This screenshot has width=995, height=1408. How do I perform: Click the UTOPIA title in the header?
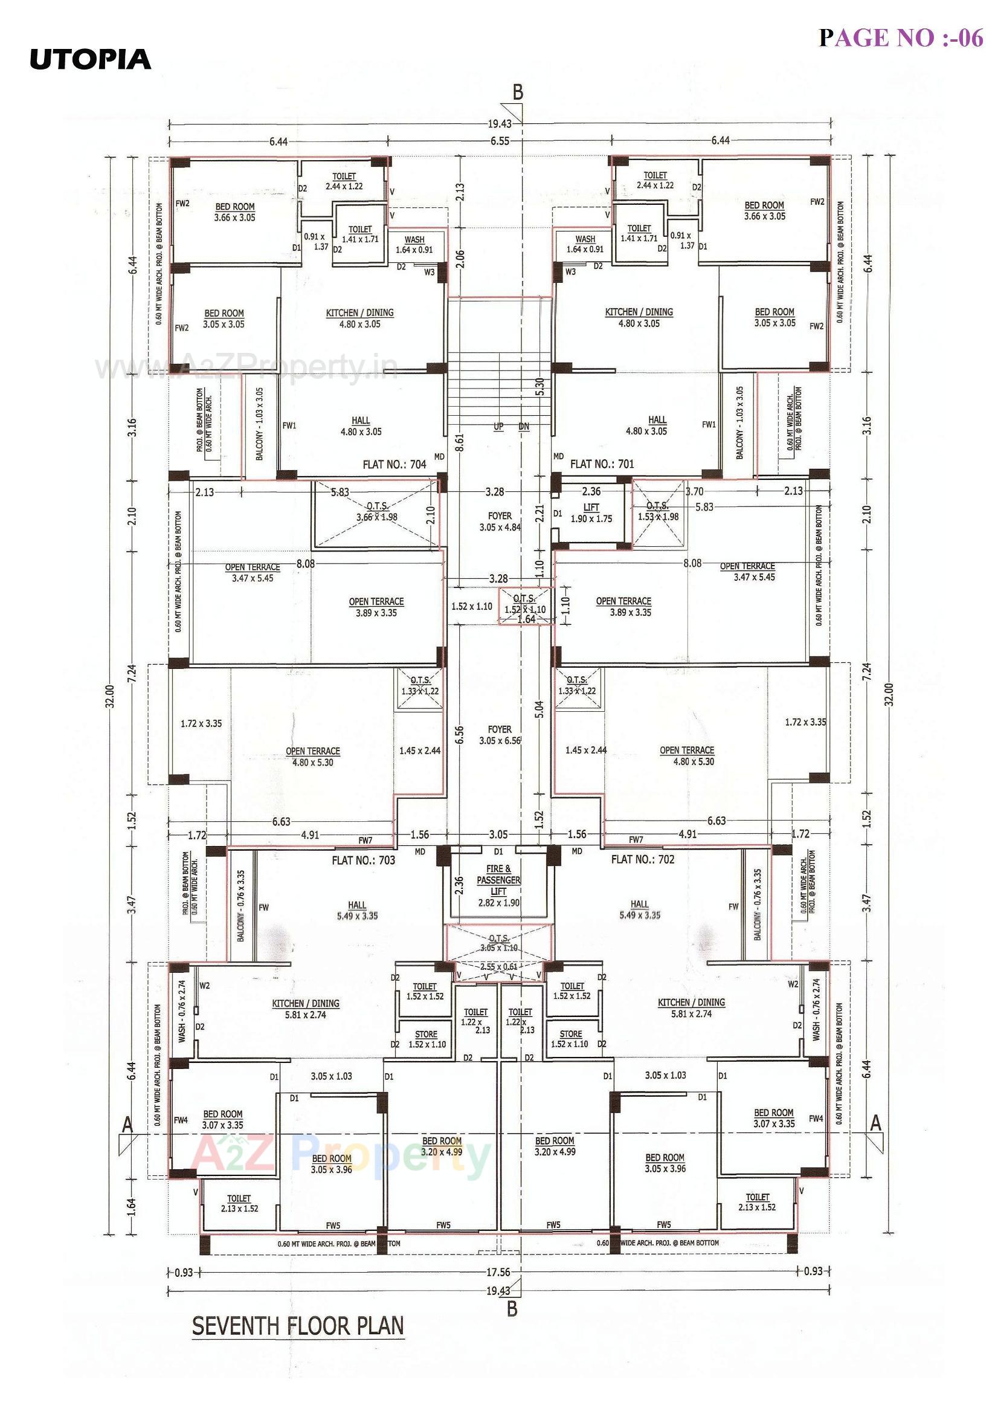coord(90,59)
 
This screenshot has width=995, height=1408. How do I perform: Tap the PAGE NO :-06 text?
coord(901,38)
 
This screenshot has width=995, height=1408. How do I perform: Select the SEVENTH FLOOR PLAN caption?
coord(298,1326)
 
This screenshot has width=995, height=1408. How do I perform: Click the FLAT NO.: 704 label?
coord(394,465)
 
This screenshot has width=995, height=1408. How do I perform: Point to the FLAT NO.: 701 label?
coord(602,464)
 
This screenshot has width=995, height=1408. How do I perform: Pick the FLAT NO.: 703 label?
coord(363,861)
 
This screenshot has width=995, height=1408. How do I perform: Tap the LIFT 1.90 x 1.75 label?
coord(591,513)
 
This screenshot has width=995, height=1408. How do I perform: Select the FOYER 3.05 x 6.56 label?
coord(500,735)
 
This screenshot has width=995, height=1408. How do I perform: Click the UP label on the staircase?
coord(498,426)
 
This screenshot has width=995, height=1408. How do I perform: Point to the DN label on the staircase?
coord(524,426)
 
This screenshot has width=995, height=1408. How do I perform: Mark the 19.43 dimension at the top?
coord(500,124)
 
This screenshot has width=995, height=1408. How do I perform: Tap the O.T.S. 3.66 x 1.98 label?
coord(377,511)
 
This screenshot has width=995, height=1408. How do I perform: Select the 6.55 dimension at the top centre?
coord(500,140)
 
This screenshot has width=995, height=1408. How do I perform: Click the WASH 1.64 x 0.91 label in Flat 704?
coord(414,245)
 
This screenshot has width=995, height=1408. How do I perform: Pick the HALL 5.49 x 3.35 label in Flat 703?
coord(357,911)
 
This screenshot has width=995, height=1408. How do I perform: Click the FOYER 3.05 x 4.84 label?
coord(500,522)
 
